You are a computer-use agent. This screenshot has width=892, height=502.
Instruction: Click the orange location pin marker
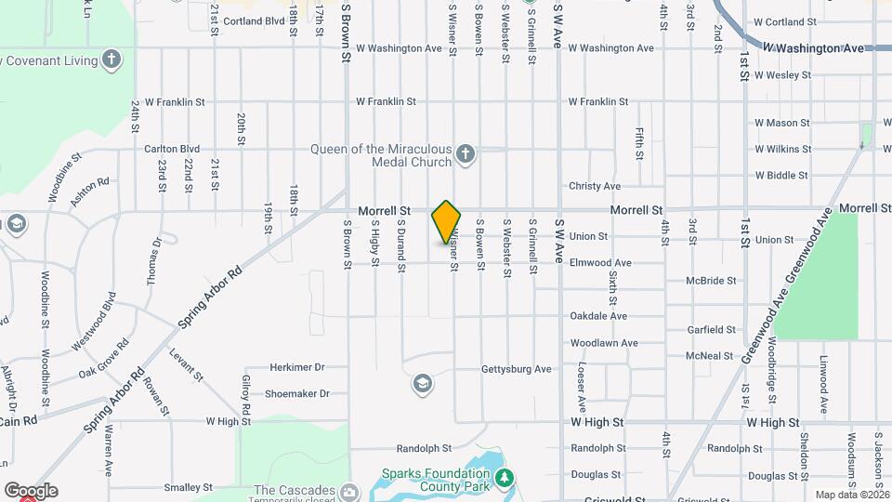446,222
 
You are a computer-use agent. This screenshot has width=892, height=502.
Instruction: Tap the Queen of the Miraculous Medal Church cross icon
466,154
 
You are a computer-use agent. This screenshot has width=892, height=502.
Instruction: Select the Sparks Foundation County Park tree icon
505,478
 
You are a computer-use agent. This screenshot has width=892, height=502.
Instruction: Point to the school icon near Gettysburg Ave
422,383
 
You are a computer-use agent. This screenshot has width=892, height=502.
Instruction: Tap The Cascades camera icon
349,491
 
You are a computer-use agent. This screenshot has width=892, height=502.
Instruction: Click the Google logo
31,491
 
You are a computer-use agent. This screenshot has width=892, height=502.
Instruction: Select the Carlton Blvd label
172,148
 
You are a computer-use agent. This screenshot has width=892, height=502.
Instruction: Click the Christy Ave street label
595,186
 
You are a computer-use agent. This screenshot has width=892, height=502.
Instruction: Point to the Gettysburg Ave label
517,369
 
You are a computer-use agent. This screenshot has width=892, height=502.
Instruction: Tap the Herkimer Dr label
296,367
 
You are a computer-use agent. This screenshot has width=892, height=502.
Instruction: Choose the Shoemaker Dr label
297,393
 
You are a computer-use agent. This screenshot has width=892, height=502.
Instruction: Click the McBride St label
711,280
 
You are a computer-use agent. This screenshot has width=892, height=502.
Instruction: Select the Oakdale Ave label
598,316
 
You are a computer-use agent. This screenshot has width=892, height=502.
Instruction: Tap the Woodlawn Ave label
604,343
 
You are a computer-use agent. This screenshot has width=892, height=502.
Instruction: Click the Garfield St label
711,329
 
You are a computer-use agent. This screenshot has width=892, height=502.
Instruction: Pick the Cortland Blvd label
254,20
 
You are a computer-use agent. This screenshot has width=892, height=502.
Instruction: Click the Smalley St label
189,487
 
